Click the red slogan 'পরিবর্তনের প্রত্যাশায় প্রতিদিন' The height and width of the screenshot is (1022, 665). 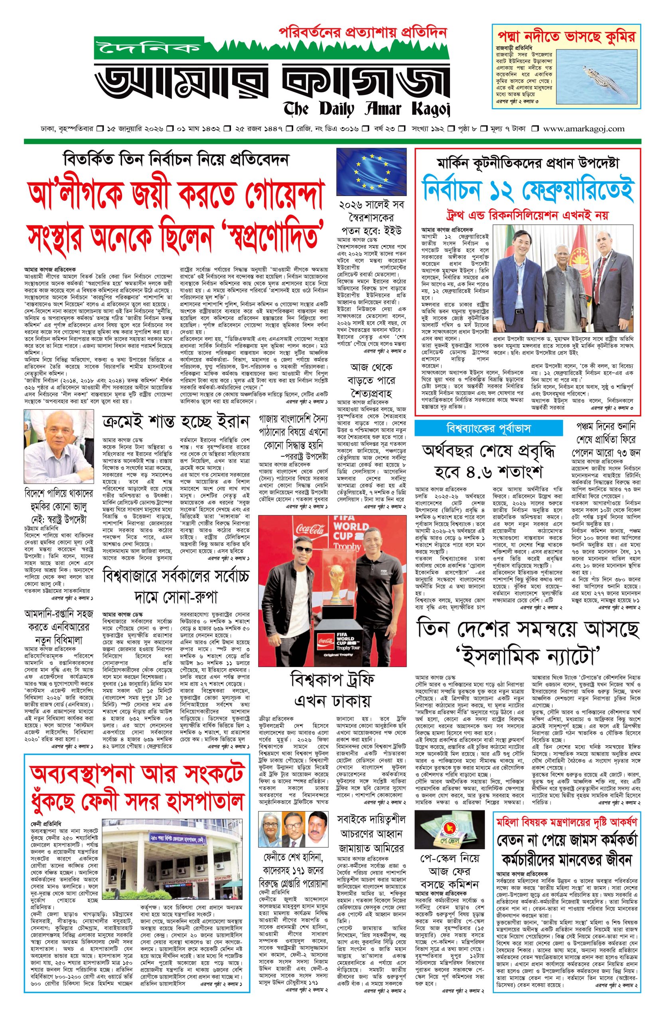point(363,32)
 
